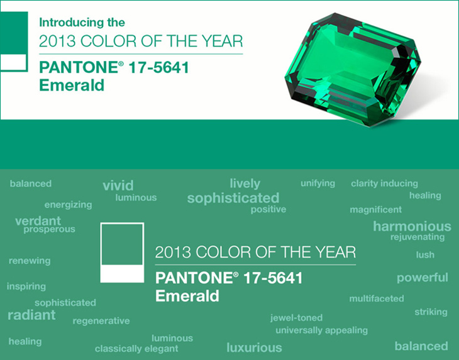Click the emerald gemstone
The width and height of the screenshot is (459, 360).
tap(353, 69)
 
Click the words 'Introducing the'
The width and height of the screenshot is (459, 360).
tap(82, 23)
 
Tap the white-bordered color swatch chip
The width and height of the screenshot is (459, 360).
tap(122, 253)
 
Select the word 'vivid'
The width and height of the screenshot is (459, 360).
tap(118, 185)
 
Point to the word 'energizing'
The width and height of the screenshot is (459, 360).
tap(68, 205)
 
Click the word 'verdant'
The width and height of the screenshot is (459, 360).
tap(38, 221)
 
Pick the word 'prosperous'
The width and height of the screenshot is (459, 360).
tap(49, 229)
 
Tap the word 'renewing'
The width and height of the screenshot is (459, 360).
tap(30, 261)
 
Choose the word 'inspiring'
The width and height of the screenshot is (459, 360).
tap(26, 286)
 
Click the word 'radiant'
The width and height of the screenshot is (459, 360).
tap(31, 315)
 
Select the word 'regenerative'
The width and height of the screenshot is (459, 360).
tap(101, 321)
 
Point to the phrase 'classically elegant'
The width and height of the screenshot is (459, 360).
tap(136, 349)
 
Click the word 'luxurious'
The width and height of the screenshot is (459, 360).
tap(255, 347)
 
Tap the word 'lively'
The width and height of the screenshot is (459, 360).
tap(245, 183)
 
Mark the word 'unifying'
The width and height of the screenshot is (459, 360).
tap(318, 183)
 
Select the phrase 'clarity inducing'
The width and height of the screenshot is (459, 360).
tap(384, 183)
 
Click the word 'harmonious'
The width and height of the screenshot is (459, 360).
tap(412, 226)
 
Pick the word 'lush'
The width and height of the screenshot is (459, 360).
tap(425, 254)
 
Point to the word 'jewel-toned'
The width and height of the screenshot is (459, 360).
tap(296, 318)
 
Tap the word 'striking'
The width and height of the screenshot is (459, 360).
tap(431, 312)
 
